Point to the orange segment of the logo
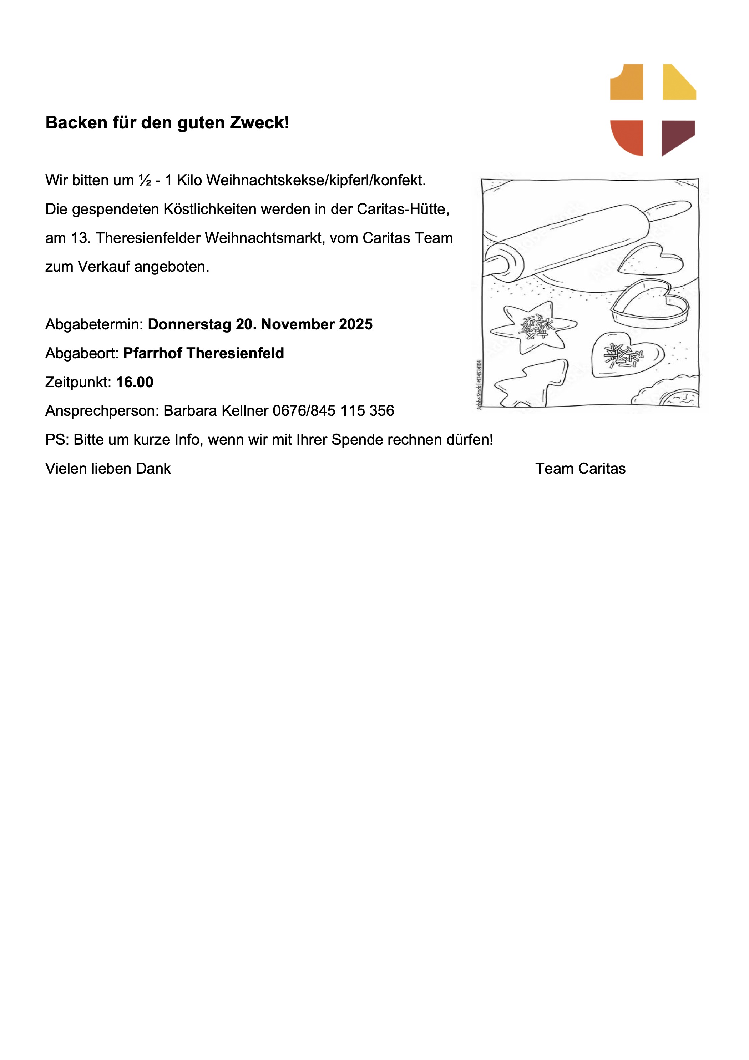click(x=628, y=84)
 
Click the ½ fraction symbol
click(x=145, y=181)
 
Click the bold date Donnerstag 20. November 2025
click(x=260, y=324)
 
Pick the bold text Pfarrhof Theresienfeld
click(x=203, y=353)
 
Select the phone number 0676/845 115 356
click(x=333, y=411)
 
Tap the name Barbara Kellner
click(x=216, y=411)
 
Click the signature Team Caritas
click(x=580, y=469)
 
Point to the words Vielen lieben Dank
click(x=108, y=469)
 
